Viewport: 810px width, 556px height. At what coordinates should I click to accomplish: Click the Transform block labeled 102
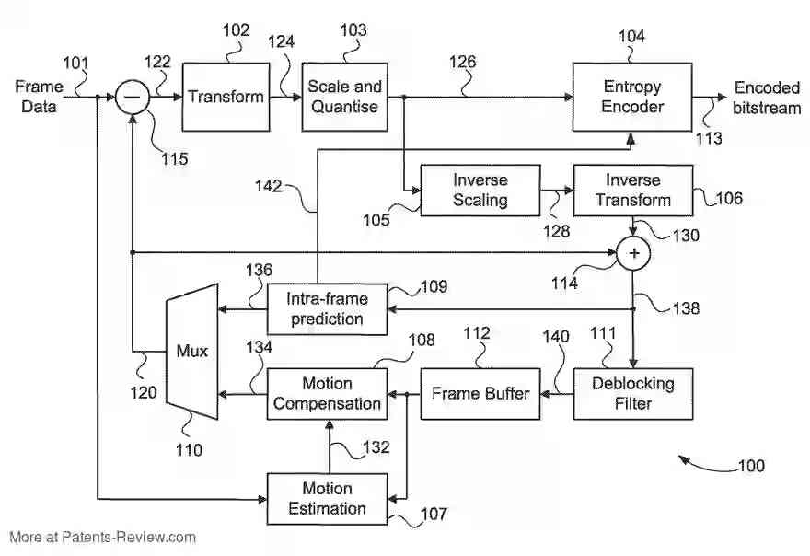[x=226, y=97]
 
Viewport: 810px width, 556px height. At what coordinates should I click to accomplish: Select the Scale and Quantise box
[x=344, y=97]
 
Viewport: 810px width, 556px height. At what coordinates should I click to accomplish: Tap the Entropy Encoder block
[x=632, y=97]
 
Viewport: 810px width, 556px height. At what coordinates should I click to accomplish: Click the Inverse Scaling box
[x=480, y=191]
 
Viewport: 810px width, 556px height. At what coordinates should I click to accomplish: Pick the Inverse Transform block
[x=632, y=191]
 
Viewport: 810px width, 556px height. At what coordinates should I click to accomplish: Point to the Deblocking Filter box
[x=632, y=393]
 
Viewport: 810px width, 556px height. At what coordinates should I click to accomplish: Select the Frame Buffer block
[x=480, y=393]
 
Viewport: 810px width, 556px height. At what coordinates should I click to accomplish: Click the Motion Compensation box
[x=327, y=393]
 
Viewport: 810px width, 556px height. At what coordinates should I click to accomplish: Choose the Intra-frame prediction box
[x=327, y=309]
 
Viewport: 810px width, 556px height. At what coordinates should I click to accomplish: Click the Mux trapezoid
[x=192, y=351]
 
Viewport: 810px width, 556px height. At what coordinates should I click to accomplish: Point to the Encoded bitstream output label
[x=766, y=97]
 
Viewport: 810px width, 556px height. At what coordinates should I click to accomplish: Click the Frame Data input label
[x=39, y=97]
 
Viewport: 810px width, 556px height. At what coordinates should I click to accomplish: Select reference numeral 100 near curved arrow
[x=750, y=467]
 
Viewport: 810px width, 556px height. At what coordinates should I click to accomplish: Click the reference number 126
[x=463, y=63]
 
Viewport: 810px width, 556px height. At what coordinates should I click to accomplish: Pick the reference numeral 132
[x=376, y=448]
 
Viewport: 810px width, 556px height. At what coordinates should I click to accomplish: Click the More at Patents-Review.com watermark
[x=102, y=538]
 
